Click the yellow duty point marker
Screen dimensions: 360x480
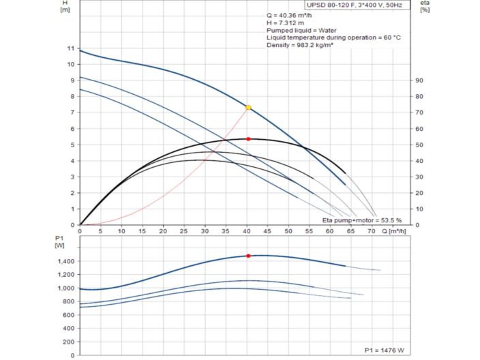[248, 108]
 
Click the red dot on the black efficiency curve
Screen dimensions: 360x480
[248, 139]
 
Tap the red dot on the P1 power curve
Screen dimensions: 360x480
[248, 256]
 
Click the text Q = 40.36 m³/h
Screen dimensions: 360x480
[289, 15]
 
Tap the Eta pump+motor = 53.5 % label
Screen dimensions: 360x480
[362, 221]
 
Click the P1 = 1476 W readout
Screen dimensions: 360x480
[384, 350]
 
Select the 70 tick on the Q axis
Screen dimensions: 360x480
[371, 230]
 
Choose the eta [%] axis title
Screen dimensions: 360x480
[425, 6]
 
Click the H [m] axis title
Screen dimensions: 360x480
[65, 6]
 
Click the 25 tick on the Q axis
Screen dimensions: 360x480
[184, 230]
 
